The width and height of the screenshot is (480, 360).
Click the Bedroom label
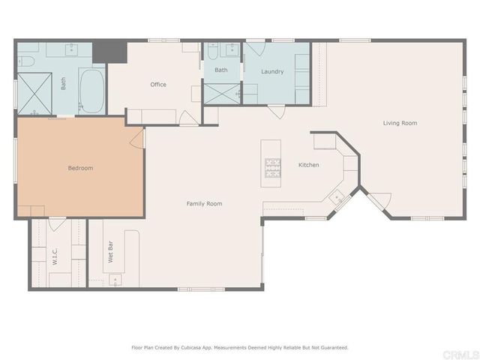[80, 168]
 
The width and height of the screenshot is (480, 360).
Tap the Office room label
[158, 85]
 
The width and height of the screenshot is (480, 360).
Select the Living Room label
[400, 123]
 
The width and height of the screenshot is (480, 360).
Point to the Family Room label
[204, 204]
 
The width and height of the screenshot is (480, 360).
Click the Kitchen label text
[309, 165]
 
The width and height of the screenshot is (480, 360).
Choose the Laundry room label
[272, 72]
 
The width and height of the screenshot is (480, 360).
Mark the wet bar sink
[115, 280]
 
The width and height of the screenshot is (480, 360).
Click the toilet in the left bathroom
[28, 59]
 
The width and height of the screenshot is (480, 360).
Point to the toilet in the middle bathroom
[212, 53]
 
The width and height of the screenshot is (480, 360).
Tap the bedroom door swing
[137, 137]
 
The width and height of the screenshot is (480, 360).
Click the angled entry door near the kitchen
[378, 201]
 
